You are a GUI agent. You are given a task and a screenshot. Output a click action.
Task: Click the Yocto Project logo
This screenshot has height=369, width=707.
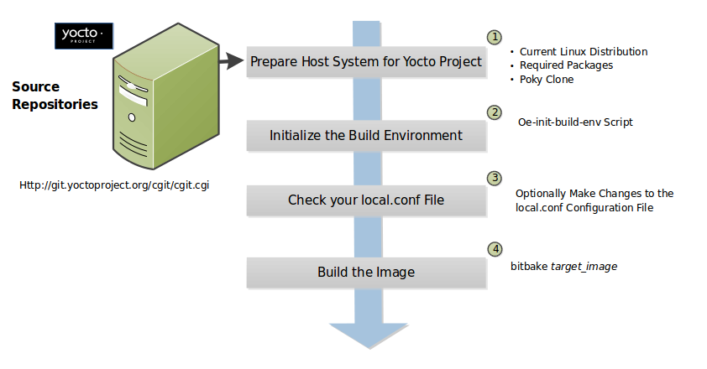(83, 34)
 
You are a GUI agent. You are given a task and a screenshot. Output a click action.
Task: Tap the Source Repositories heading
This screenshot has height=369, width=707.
(55, 95)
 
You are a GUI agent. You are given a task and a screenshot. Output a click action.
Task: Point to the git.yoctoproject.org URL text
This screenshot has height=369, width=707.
(113, 184)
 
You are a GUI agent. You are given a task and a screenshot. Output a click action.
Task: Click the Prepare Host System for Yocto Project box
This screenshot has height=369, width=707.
(366, 61)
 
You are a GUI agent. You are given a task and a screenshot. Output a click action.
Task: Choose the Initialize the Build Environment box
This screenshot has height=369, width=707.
(366, 135)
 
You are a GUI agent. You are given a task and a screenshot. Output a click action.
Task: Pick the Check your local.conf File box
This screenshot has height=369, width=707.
(366, 200)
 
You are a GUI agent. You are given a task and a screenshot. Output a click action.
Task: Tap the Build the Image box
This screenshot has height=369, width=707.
(366, 272)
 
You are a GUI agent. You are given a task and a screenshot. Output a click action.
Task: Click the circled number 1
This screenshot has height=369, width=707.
(495, 37)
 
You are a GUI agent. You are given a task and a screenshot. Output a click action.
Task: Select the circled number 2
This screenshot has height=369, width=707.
(495, 112)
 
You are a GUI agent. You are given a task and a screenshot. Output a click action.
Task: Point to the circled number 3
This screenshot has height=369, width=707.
(495, 178)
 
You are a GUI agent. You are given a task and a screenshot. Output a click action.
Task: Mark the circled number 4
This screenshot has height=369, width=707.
(495, 249)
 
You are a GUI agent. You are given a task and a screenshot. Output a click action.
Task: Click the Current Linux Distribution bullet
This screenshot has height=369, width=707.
(583, 51)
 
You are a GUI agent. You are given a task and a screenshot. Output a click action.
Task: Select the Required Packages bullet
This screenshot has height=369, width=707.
(566, 65)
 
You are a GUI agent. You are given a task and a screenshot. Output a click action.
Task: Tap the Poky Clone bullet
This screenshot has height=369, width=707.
(547, 79)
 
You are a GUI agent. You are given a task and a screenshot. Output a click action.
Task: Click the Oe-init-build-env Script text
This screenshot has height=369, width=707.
(575, 122)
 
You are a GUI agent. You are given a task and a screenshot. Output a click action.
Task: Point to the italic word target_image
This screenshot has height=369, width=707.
(585, 266)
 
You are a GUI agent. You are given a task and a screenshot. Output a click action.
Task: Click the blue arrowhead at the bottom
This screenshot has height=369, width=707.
(366, 335)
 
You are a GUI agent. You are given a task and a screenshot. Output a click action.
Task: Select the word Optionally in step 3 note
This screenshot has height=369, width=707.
(538, 193)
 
